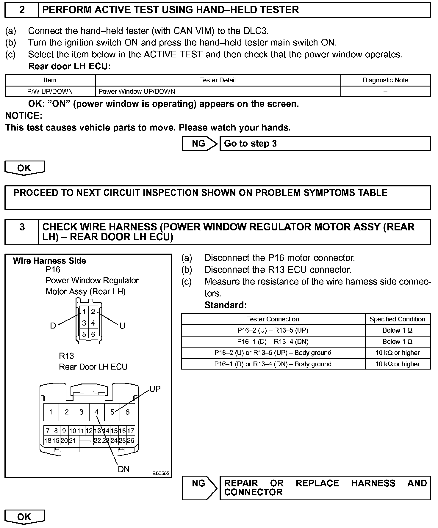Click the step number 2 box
point(22,10)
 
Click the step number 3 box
point(22,227)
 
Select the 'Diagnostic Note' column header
point(385,80)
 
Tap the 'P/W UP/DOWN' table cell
point(50,91)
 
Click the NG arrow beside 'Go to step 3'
point(199,144)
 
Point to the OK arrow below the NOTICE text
point(24,168)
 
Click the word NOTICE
point(24,116)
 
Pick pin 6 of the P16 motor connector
point(93,334)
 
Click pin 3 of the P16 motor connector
point(84,323)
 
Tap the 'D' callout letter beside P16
point(53,326)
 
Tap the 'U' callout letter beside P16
point(122,326)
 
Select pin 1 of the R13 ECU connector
point(51,412)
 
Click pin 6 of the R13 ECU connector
point(127,412)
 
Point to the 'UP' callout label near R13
point(155,389)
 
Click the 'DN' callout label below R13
point(124,469)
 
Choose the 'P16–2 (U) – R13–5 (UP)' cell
point(273,330)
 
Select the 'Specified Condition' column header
point(397,319)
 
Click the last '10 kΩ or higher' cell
point(397,364)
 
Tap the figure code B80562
point(161,473)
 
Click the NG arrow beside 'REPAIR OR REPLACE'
point(199,483)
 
